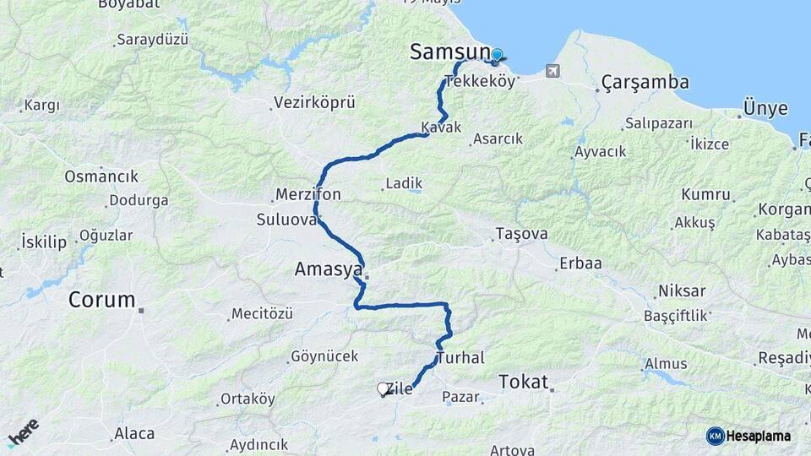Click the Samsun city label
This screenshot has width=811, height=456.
click(449, 52)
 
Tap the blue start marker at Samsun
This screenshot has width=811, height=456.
click(497, 56)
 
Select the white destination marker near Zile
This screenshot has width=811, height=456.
click(383, 389)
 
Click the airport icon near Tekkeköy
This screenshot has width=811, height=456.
click(552, 71)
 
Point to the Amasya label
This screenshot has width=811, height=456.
click(328, 269)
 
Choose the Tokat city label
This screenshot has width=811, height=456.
click(523, 381)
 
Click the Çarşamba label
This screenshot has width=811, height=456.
click(645, 83)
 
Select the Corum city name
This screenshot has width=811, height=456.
click(101, 300)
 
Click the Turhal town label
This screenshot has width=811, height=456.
click(460, 358)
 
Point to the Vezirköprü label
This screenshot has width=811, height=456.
click(314, 103)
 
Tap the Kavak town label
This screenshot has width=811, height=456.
click(441, 128)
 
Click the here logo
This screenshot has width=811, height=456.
click(23, 432)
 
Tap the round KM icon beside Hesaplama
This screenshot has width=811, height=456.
click(715, 436)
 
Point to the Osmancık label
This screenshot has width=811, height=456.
click(101, 177)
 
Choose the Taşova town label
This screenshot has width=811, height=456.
click(521, 234)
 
